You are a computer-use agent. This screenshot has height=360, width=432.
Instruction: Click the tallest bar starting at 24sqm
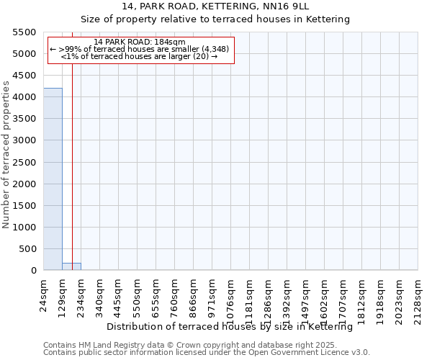pyautogui.click(x=53, y=179)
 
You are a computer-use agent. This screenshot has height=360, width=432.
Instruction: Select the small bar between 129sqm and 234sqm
pyautogui.click(x=71, y=266)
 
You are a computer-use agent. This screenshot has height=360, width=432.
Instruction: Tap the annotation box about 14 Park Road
pyautogui.click(x=141, y=49)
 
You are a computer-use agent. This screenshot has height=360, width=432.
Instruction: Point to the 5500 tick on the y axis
pyautogui.click(x=24, y=32)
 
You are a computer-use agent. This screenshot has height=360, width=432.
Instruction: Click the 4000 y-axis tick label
pyautogui.click(x=24, y=97)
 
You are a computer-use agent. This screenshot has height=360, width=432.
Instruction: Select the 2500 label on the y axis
pyautogui.click(x=24, y=162)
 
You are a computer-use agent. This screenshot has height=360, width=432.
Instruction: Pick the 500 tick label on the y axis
pyautogui.click(x=27, y=249)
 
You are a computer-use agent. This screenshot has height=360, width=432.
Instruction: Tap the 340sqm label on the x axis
pyautogui.click(x=100, y=294)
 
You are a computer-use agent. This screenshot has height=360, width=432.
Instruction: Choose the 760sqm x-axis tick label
pyautogui.click(x=175, y=294)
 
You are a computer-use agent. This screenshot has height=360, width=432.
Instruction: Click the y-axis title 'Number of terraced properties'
pyautogui.click(x=6, y=155)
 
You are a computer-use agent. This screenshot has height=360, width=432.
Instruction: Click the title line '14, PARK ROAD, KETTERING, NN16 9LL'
pyautogui.click(x=215, y=6)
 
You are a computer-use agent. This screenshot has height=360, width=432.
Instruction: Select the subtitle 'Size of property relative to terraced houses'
pyautogui.click(x=215, y=19)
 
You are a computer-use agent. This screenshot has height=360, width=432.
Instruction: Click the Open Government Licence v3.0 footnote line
pyautogui.click(x=207, y=353)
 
